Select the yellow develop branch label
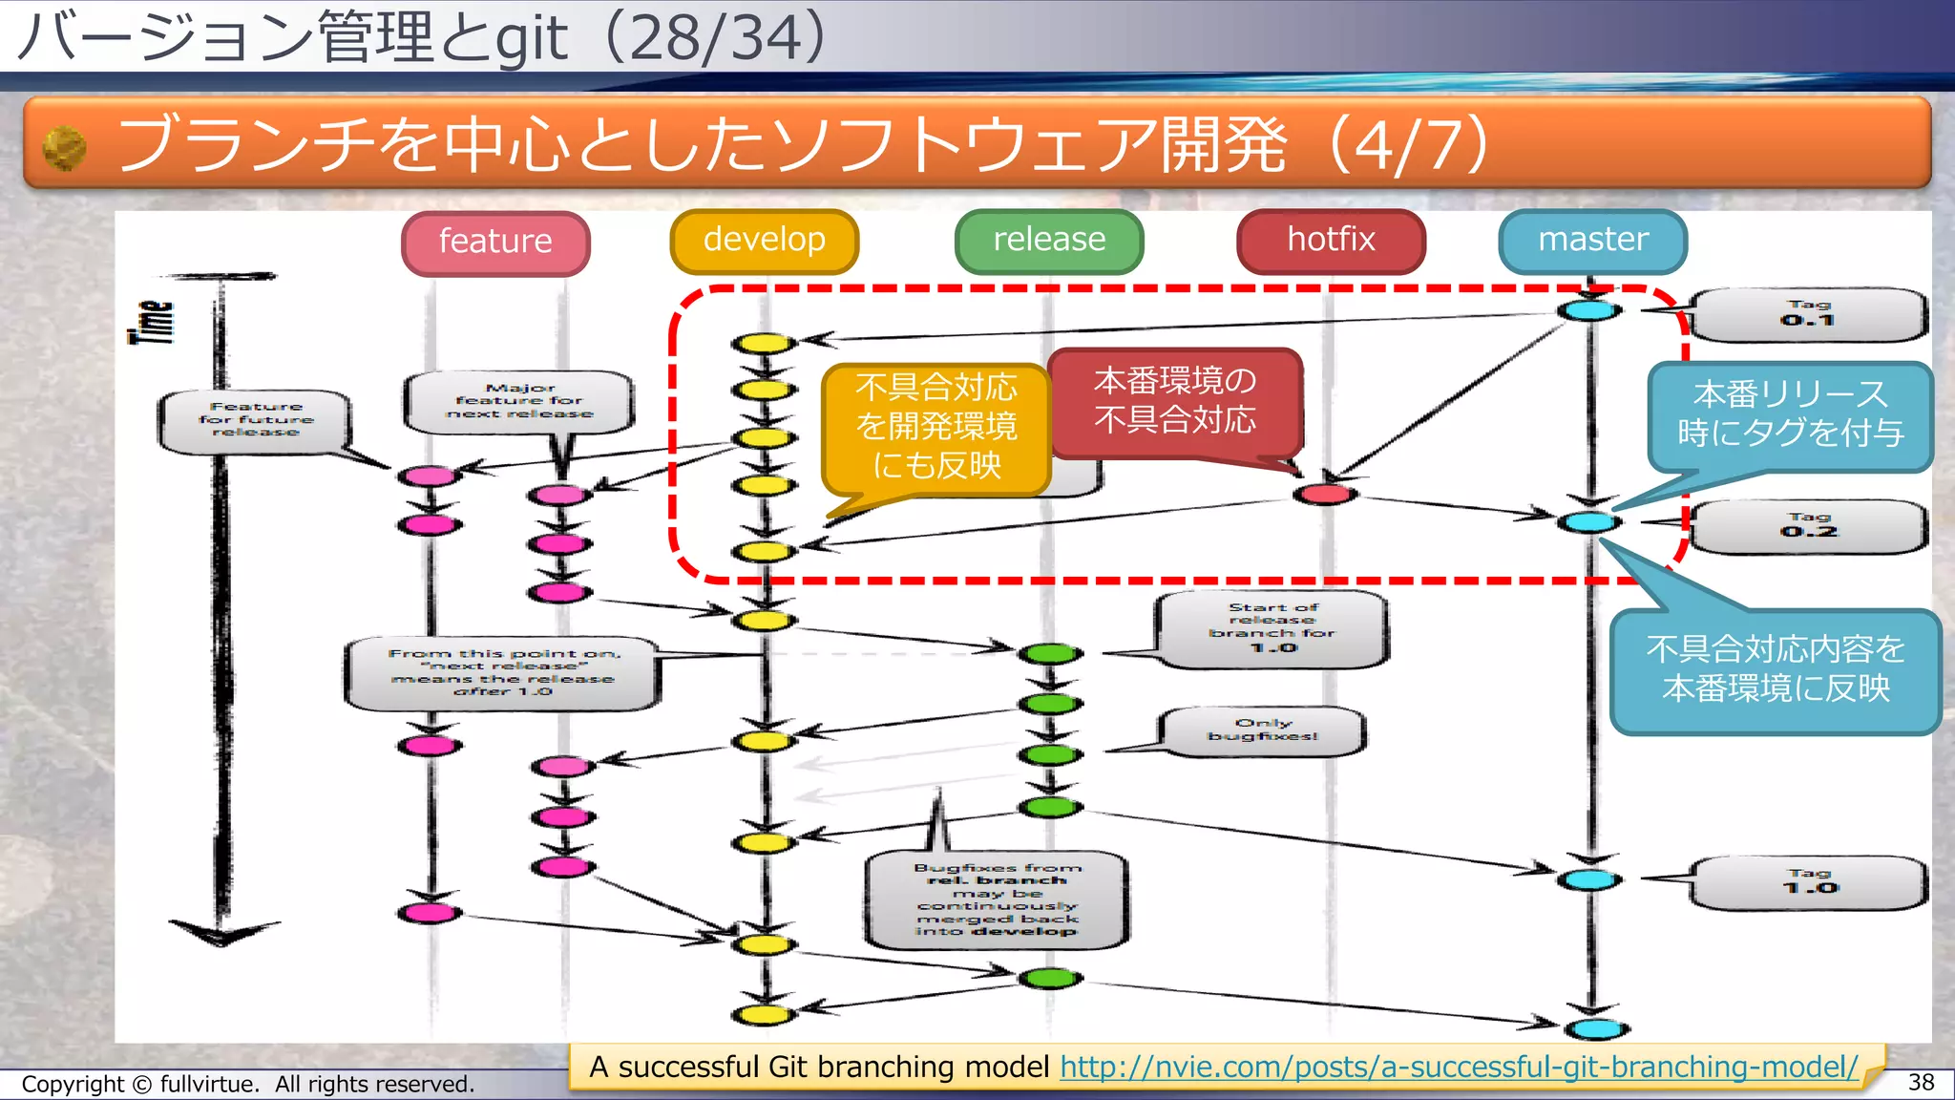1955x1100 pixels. (x=764, y=241)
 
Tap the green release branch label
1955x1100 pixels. (x=1048, y=241)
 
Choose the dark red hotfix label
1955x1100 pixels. (x=1331, y=241)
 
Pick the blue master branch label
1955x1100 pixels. (x=1592, y=241)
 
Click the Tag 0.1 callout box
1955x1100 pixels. (x=1808, y=314)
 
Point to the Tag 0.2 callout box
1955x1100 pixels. (x=1808, y=526)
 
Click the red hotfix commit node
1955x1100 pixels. (x=1325, y=494)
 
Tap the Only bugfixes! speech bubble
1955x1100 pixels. (x=1262, y=730)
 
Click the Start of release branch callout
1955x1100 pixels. (x=1272, y=628)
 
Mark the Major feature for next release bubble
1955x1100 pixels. (x=519, y=401)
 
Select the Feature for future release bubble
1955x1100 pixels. (x=255, y=420)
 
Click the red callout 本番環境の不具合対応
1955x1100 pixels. (x=1174, y=401)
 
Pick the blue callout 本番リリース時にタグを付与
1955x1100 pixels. (x=1790, y=414)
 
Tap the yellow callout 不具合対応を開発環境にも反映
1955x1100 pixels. (x=935, y=427)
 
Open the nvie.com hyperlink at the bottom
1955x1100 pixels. (x=1458, y=1067)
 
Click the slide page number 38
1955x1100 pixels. (x=1921, y=1082)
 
